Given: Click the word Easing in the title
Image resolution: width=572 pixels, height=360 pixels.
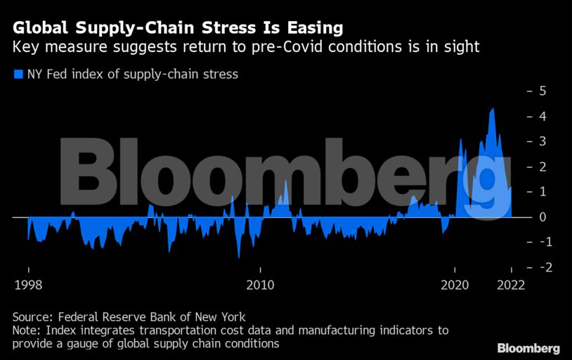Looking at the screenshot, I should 311,28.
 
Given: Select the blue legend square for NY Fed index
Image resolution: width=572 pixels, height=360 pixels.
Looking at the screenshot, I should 18,74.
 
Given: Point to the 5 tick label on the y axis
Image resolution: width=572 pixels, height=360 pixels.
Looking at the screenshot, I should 542,91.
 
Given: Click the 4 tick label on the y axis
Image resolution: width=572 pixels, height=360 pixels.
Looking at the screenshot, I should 542,116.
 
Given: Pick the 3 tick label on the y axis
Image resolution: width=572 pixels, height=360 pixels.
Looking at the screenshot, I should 542,141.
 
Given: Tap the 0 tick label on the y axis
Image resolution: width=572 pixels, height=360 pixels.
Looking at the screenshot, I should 542,217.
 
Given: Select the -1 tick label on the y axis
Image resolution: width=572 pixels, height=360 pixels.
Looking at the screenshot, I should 540,243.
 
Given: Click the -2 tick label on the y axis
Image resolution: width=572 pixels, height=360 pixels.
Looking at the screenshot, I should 540,268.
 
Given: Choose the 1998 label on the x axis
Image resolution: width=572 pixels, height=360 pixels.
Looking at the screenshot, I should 28,285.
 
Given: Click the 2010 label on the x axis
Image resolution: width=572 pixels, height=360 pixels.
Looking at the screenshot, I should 260,285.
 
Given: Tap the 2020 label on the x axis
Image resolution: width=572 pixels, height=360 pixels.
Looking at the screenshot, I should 455,285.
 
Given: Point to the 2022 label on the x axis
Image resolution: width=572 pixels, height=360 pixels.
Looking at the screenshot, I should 511,285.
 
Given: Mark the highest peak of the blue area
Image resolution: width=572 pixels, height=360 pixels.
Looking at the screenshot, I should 493,109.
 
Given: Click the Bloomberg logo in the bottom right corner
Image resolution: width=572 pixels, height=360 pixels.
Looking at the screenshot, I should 528,348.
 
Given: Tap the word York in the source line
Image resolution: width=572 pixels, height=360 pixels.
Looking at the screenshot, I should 232,316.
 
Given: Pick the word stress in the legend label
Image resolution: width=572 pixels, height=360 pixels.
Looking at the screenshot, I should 222,74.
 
